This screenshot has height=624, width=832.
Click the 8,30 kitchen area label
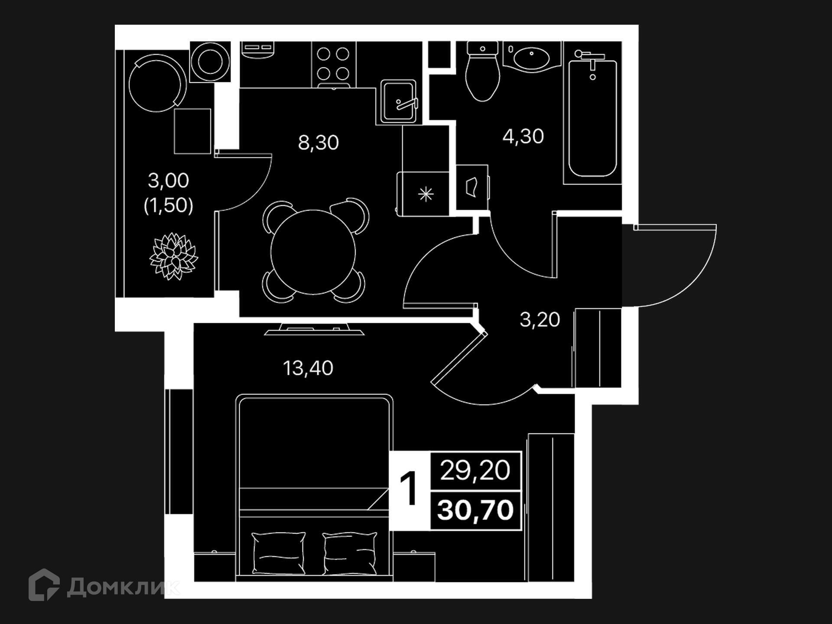point(318,143)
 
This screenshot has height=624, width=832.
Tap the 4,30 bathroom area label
point(523,136)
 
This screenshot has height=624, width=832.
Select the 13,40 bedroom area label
point(308,368)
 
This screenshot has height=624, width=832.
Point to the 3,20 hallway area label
point(539,320)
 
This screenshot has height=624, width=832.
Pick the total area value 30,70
point(475,510)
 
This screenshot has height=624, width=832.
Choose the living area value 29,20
point(475,471)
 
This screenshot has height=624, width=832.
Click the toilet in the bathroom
point(482,71)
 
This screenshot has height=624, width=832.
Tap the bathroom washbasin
point(531,57)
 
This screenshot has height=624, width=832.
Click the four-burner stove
point(333,64)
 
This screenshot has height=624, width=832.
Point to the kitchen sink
point(398,101)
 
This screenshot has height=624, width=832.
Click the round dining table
point(313,252)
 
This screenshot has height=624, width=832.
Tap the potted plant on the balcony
point(173,257)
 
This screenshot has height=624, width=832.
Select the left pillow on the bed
point(278,553)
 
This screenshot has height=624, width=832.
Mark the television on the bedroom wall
point(314,329)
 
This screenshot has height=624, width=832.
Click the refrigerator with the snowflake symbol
point(423,194)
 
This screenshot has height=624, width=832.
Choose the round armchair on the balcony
point(157,83)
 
